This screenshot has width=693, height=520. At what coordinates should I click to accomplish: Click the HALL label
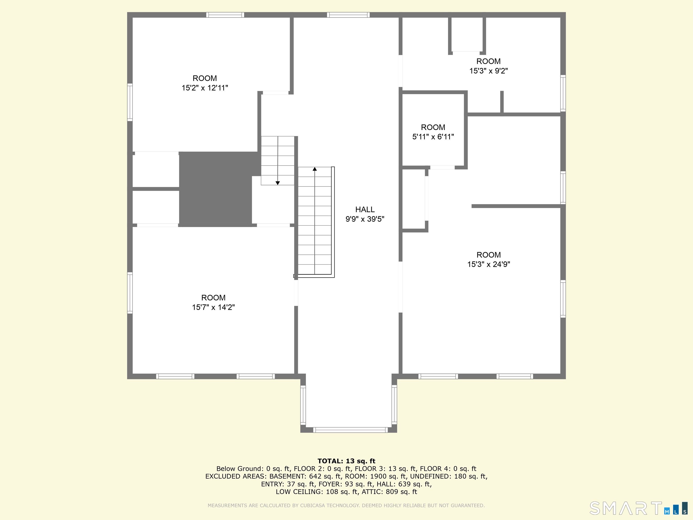click(365, 209)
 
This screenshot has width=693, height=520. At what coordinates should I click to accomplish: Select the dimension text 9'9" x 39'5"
click(365, 219)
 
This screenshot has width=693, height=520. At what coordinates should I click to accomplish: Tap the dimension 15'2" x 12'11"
click(205, 88)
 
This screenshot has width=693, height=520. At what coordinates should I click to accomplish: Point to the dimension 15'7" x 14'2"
click(213, 307)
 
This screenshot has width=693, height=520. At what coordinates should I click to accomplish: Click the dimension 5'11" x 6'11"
click(433, 137)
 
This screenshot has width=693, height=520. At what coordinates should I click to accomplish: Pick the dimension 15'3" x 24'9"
click(488, 264)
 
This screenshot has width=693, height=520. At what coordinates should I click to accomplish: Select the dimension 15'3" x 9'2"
click(488, 71)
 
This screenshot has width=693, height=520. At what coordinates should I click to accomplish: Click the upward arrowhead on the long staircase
click(314, 169)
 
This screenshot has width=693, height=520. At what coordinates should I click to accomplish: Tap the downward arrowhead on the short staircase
click(277, 183)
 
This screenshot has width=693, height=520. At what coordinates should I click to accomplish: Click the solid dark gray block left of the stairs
click(215, 189)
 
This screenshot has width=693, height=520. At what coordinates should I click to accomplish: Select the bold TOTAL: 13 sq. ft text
click(346, 461)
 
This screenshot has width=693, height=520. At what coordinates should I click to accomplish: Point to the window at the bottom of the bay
click(350, 430)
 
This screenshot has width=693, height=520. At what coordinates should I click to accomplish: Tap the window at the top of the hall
click(348, 15)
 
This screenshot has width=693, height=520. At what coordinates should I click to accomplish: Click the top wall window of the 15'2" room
click(225, 15)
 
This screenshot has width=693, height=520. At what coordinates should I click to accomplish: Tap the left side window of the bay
click(303, 404)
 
